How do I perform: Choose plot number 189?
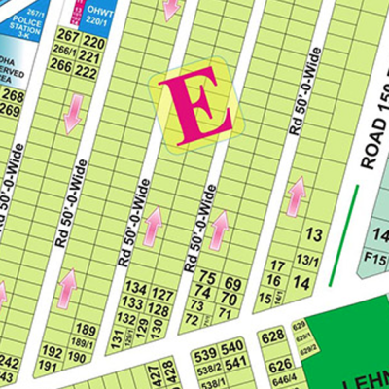click(x=87, y=330)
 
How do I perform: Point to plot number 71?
click(x=228, y=313)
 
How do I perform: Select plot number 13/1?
click(x=308, y=259)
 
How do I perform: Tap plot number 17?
click(x=277, y=265)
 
